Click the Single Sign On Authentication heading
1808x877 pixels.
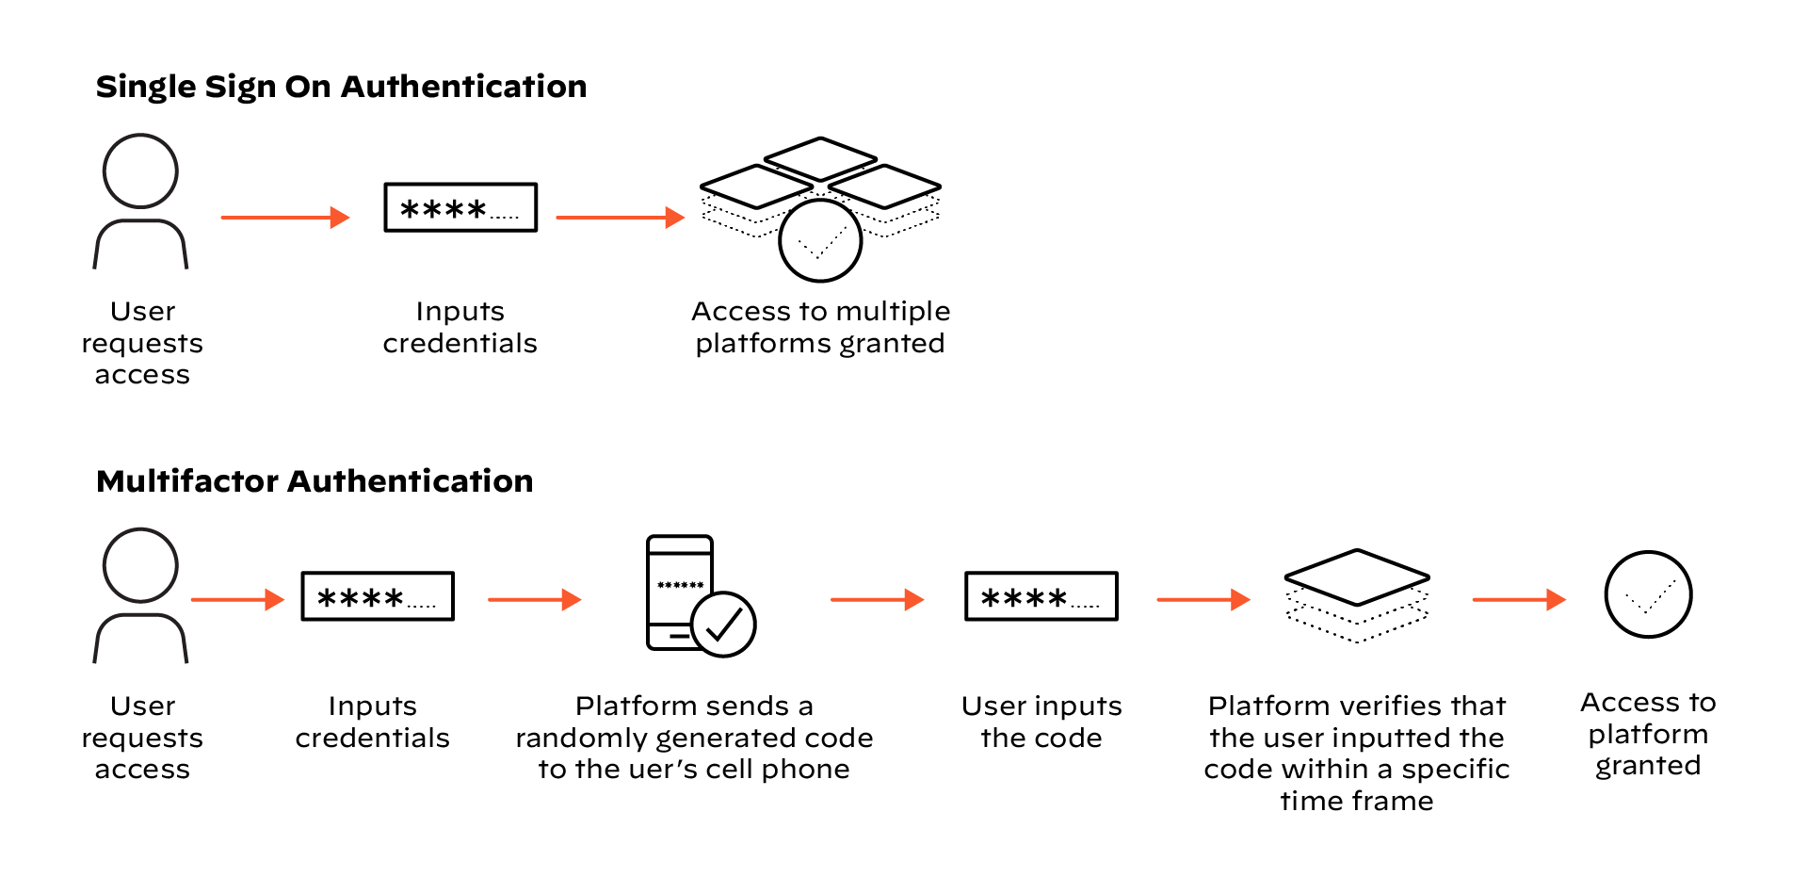[341, 87]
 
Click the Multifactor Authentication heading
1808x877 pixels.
[315, 481]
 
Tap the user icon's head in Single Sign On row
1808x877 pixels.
[140, 171]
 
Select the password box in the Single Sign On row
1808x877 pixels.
[460, 207]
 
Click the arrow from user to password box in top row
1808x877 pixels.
[284, 218]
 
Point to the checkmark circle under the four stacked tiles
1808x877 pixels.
[820, 241]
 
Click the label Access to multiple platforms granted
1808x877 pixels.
[820, 327]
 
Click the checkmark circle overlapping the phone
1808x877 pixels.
[723, 624]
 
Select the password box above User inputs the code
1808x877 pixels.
[1041, 596]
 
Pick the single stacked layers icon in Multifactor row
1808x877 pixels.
[1357, 595]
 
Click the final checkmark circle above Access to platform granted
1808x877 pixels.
[1648, 594]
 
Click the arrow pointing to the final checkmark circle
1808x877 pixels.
[1518, 599]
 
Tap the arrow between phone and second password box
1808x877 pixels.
[876, 599]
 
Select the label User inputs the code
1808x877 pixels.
[1041, 722]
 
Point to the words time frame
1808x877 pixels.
[1356, 802]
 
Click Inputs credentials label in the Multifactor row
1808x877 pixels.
[372, 722]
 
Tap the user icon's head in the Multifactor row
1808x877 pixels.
[140, 565]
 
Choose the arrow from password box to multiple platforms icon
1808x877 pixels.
[620, 218]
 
